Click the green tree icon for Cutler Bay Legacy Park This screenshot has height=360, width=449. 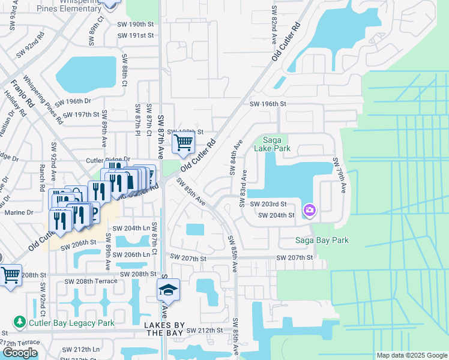point(20,323)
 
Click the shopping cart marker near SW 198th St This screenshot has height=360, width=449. point(183,143)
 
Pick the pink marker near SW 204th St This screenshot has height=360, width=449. point(310,209)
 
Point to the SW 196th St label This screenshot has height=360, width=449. point(268,104)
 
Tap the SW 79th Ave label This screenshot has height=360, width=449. point(340,175)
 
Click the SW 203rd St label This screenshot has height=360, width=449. point(276,204)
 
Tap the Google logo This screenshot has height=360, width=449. point(20,353)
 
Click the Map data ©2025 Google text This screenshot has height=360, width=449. point(411,355)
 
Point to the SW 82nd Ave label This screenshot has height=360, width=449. point(274,23)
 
